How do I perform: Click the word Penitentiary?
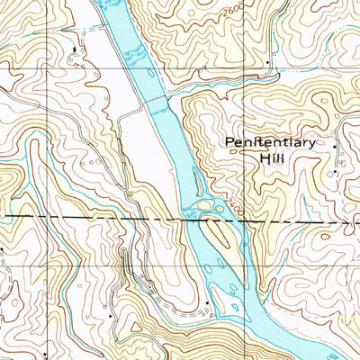(x=270, y=143)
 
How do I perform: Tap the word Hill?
(x=270, y=158)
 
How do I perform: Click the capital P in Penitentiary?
(x=229, y=143)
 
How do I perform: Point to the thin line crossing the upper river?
(x=153, y=102)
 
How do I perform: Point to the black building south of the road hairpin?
(x=109, y=317)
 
